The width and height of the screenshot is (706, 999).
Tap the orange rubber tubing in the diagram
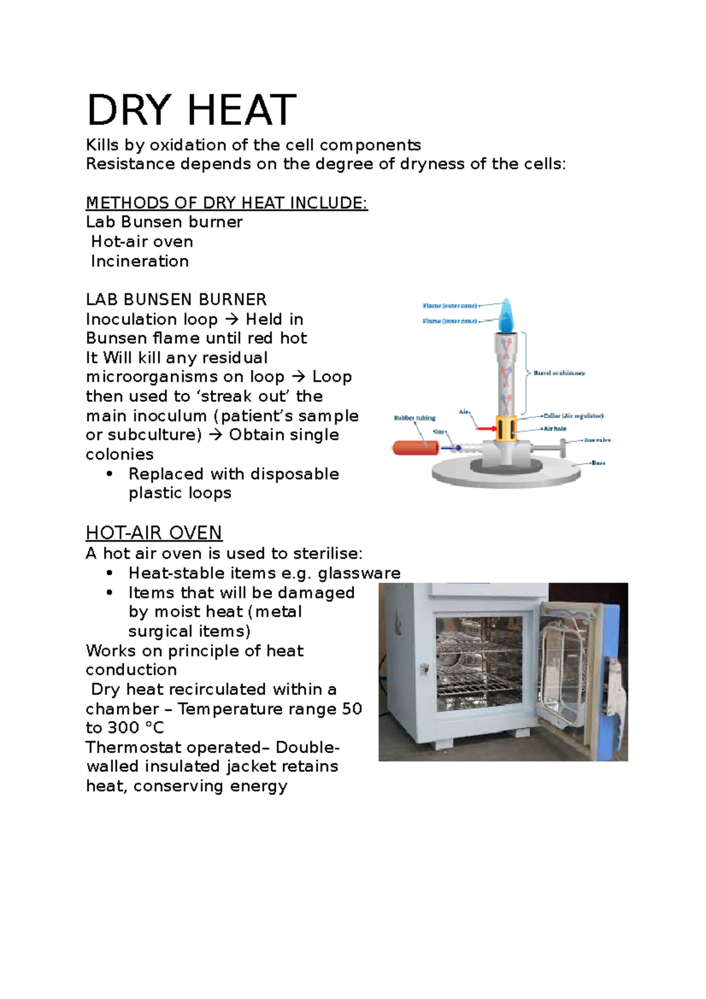[415, 448]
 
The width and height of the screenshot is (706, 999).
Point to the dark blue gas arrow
[451, 448]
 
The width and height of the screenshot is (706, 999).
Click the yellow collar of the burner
[506, 428]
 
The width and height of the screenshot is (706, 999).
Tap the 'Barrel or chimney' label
[559, 373]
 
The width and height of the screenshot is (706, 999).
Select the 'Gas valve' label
[597, 440]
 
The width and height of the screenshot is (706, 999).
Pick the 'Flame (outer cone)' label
[449, 306]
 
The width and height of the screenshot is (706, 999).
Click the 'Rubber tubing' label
[415, 418]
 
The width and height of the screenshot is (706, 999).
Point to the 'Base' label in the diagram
[598, 463]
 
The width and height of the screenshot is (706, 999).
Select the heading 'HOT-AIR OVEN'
[154, 533]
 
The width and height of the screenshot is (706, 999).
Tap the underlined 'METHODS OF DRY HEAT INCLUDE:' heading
[227, 203]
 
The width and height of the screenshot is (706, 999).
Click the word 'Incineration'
[140, 261]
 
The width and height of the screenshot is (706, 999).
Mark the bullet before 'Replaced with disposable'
[109, 474]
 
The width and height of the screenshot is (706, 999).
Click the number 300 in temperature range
[123, 728]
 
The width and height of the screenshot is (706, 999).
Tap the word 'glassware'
[359, 573]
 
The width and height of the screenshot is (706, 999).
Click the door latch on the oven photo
[424, 668]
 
